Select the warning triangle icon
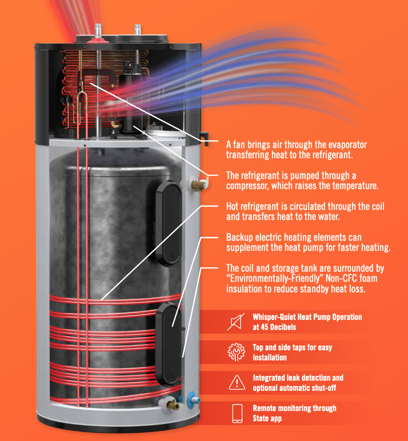236,383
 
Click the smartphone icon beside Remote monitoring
237,413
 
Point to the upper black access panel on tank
170,223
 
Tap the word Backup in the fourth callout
240,238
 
